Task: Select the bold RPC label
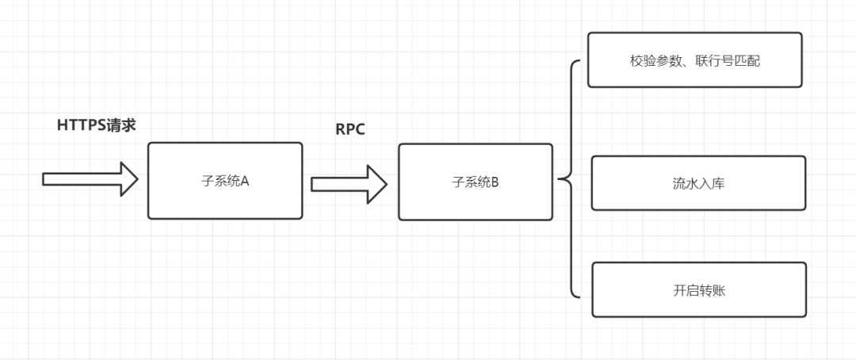[x=350, y=130]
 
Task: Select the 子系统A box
[x=225, y=181]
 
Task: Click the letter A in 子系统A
[x=245, y=181]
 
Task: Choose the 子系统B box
[x=475, y=182]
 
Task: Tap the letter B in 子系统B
[x=495, y=182]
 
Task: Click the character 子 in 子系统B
[x=457, y=182]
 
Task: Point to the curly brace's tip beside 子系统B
[x=560, y=180]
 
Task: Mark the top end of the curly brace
[x=580, y=63]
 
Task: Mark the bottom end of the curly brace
[x=580, y=297]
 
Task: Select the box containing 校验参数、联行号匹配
[x=694, y=59]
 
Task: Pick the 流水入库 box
[x=698, y=183]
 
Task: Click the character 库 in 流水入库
[x=718, y=184]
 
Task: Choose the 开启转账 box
[x=698, y=289]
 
